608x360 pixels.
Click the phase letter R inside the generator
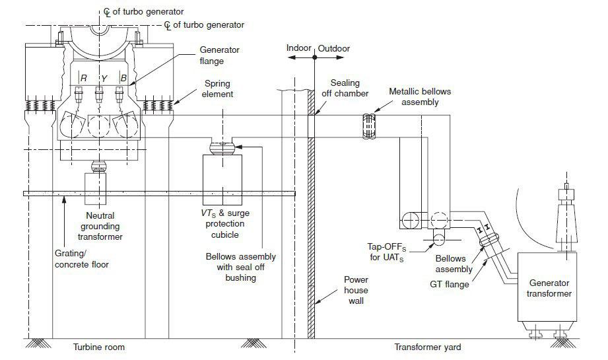[83, 79]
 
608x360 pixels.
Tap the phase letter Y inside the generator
[104, 79]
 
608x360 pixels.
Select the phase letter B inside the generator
[123, 79]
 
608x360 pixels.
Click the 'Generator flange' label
[219, 55]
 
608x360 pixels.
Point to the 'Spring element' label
[218, 89]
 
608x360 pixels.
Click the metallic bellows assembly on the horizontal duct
[369, 126]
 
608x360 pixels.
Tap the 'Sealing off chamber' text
[345, 88]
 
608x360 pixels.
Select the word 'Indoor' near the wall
[298, 48]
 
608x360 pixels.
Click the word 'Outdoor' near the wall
[334, 48]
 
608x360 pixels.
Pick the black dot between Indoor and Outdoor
[315, 57]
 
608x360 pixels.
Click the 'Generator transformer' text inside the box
[549, 288]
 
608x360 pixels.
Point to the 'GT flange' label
[450, 284]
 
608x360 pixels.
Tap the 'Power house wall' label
[356, 290]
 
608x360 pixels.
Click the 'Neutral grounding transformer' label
[100, 226]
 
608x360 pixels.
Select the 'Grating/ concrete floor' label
[81, 259]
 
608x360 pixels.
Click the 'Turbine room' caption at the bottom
[99, 347]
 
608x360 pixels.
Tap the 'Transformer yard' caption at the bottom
[428, 347]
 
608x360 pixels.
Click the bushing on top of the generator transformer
[566, 217]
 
